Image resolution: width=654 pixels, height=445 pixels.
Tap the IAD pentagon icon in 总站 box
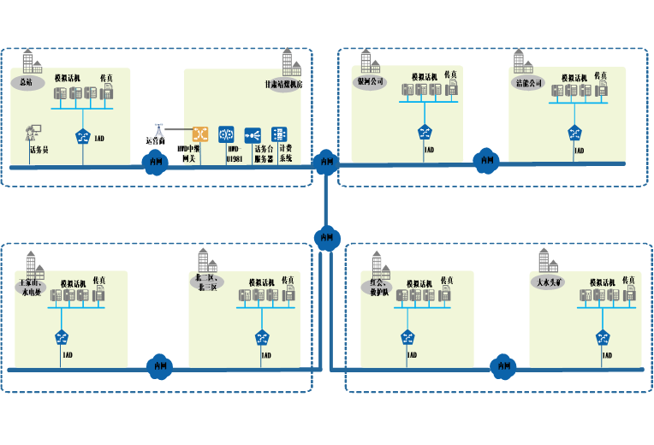(x=83, y=135)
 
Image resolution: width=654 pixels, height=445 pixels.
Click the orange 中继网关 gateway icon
(x=200, y=134)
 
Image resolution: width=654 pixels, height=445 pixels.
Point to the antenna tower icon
(x=158, y=130)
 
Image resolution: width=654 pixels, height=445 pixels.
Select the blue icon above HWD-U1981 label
(x=226, y=134)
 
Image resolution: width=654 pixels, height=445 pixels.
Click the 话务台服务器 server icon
(x=253, y=135)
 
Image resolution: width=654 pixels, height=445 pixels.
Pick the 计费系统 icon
(x=279, y=134)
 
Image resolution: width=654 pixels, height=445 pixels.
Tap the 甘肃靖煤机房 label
(x=283, y=85)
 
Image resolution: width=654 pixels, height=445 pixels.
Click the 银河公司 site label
(x=371, y=82)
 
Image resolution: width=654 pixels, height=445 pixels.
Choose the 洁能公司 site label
(x=530, y=83)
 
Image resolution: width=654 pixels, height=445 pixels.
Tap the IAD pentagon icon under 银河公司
(x=425, y=133)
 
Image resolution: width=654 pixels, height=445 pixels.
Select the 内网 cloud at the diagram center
(x=326, y=237)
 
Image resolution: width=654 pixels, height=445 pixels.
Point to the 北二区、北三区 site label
(x=206, y=282)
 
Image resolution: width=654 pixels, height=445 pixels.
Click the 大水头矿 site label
(x=547, y=281)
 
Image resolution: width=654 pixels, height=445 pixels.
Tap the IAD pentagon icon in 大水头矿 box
(x=603, y=337)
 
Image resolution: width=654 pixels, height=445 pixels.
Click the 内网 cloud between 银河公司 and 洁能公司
(x=486, y=159)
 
